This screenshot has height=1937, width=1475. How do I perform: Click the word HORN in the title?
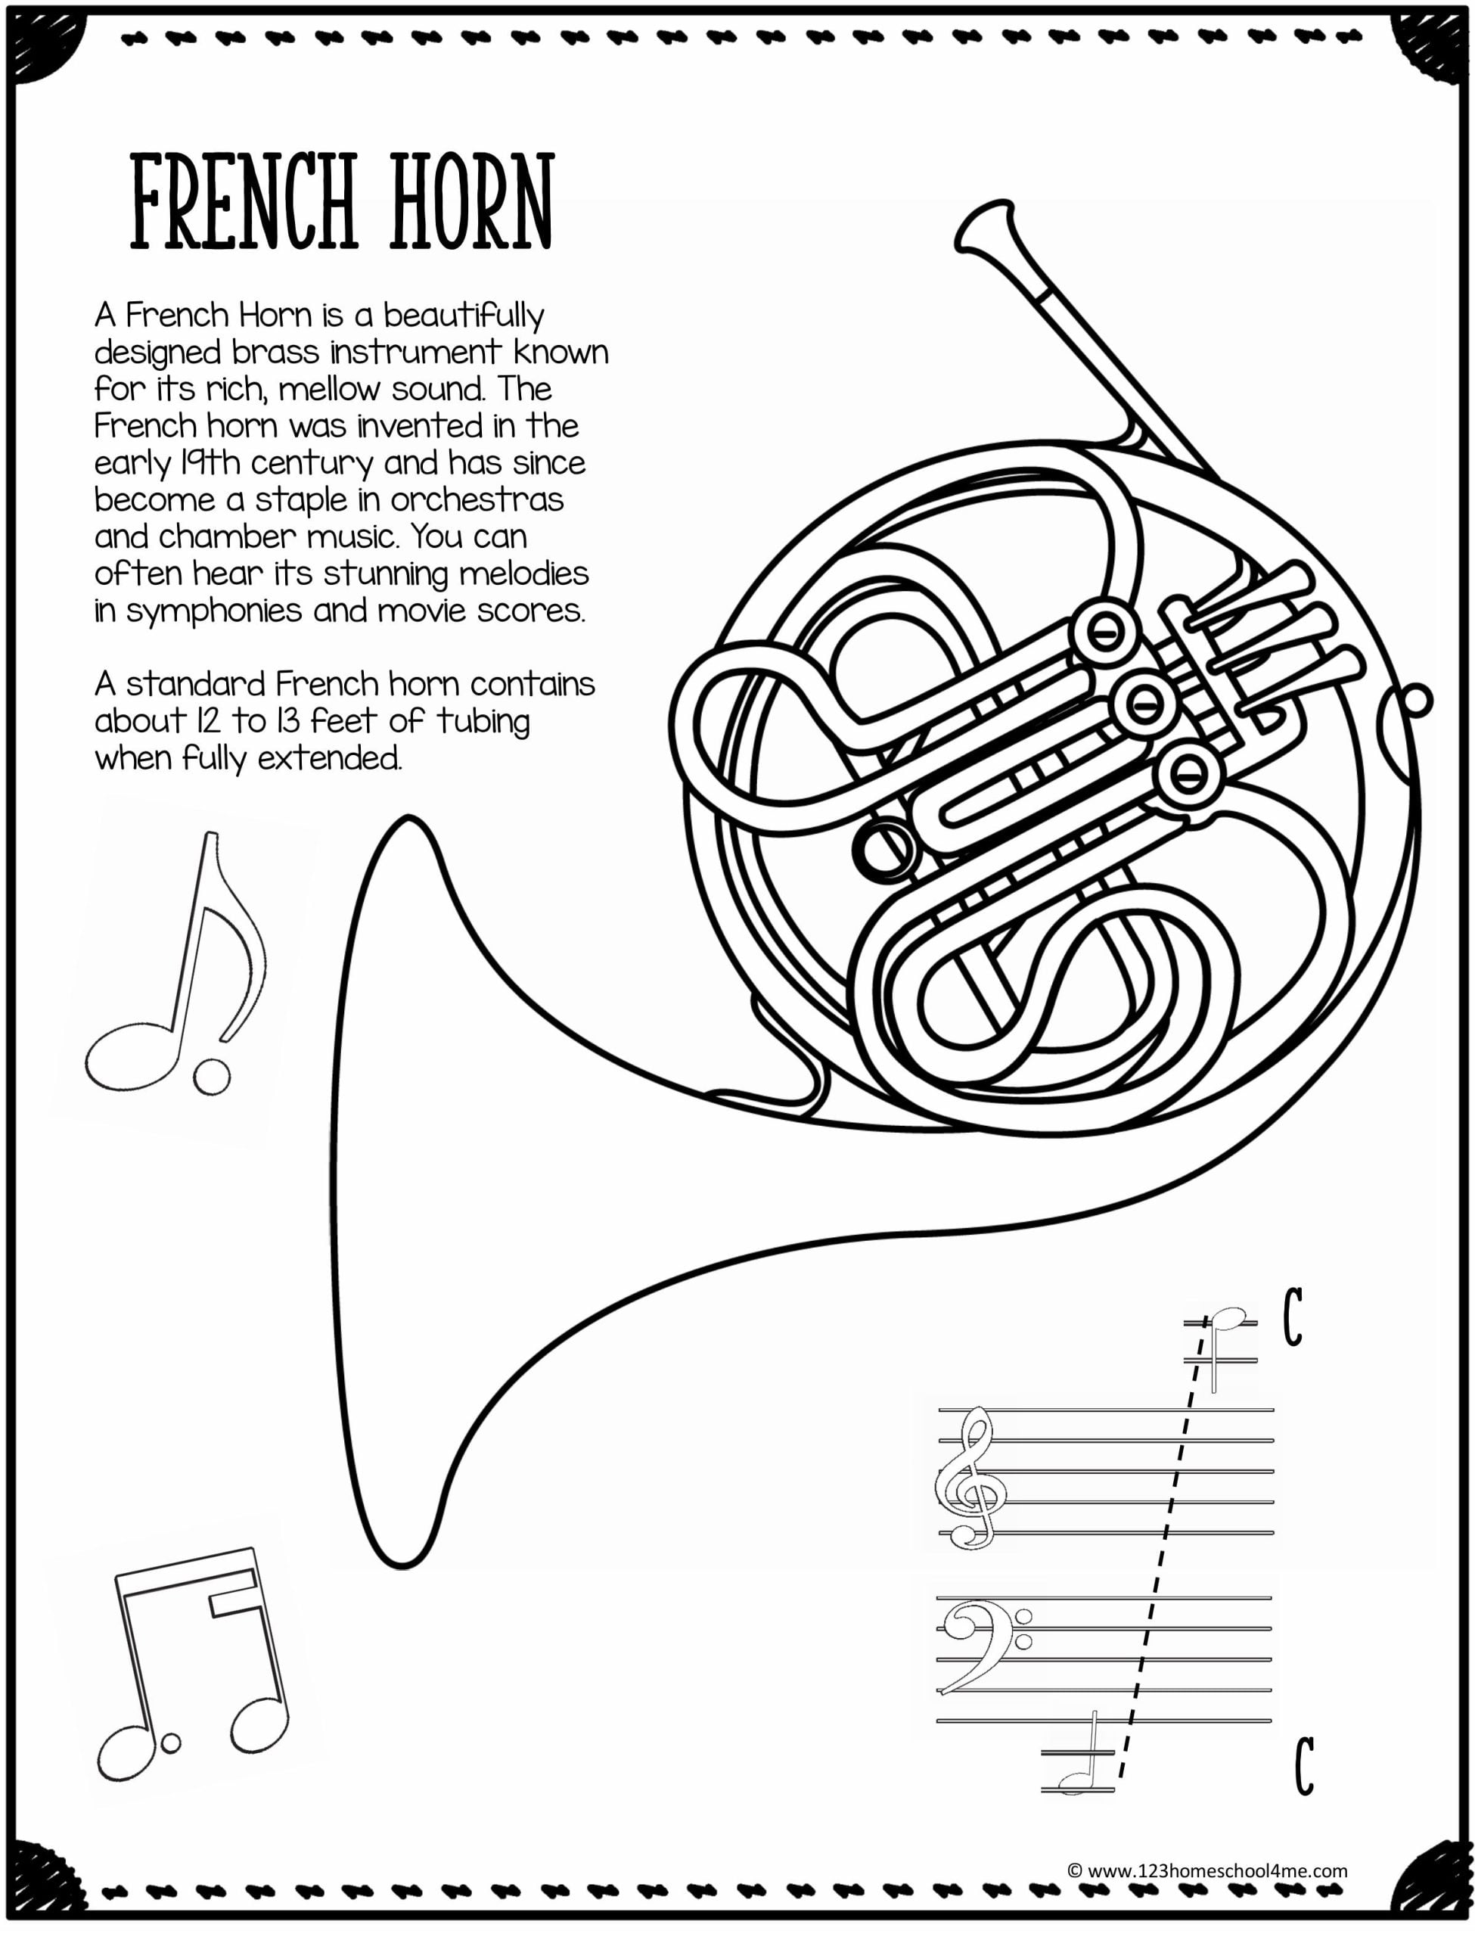point(471,202)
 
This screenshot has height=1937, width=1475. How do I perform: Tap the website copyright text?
point(1206,1870)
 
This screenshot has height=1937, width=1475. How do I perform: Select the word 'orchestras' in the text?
point(477,499)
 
